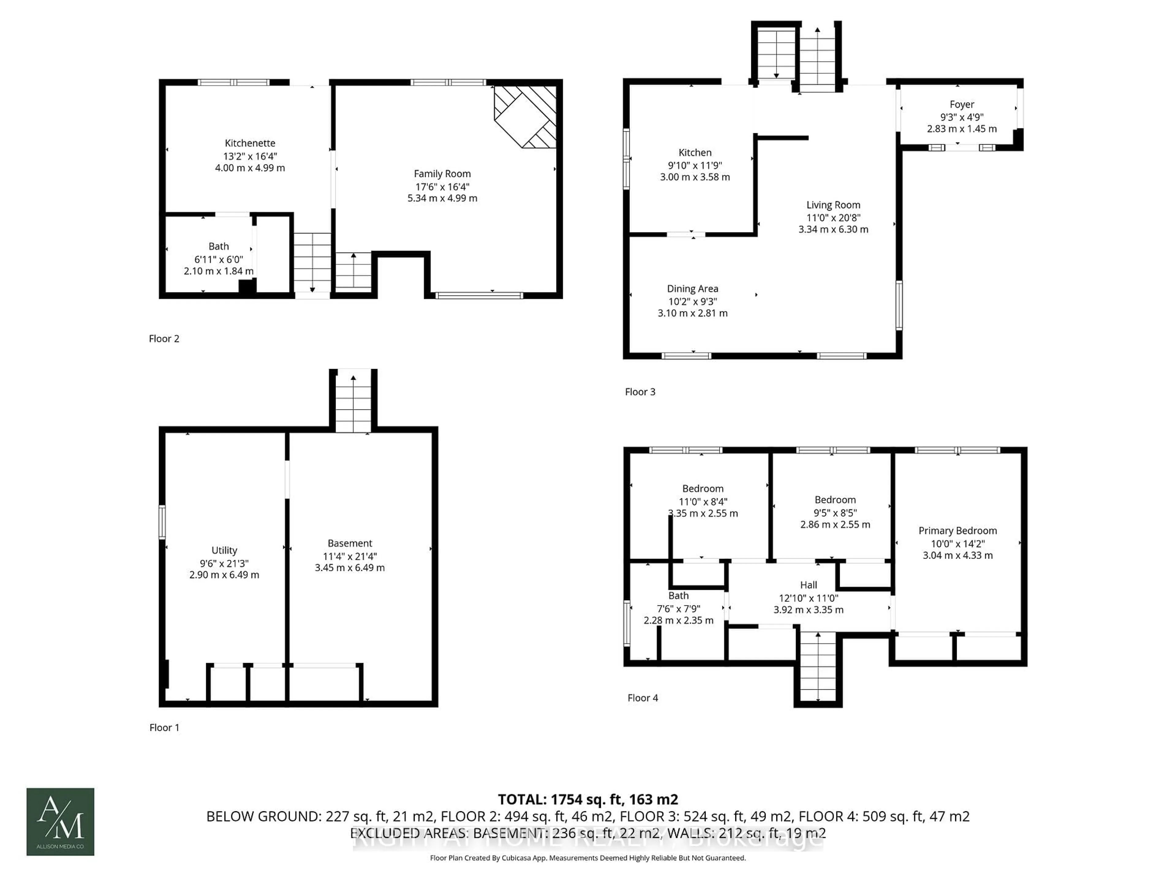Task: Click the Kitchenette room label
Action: (250, 143)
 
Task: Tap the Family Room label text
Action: (442, 174)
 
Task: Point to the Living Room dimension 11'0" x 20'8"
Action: (833, 217)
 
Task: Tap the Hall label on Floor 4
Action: (808, 585)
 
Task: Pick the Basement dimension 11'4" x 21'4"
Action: (349, 556)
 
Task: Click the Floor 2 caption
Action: (164, 339)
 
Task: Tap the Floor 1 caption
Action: (164, 727)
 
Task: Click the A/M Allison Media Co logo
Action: (60, 821)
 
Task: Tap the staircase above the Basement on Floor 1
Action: (353, 401)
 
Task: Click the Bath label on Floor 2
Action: (218, 247)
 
